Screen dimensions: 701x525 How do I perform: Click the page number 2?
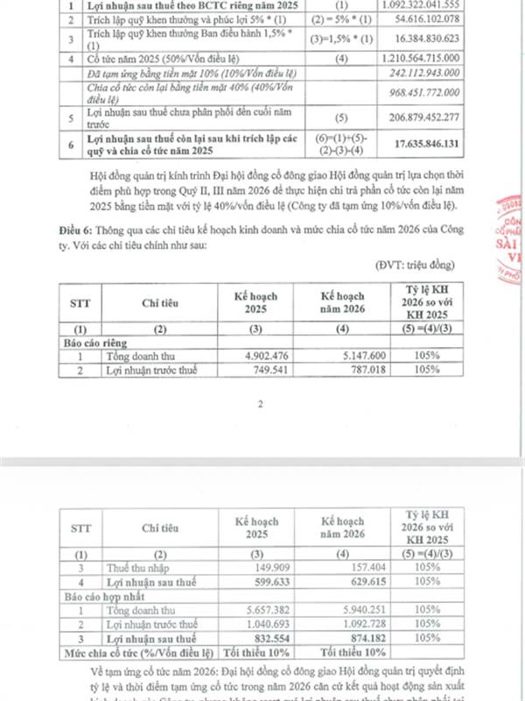(261, 405)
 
